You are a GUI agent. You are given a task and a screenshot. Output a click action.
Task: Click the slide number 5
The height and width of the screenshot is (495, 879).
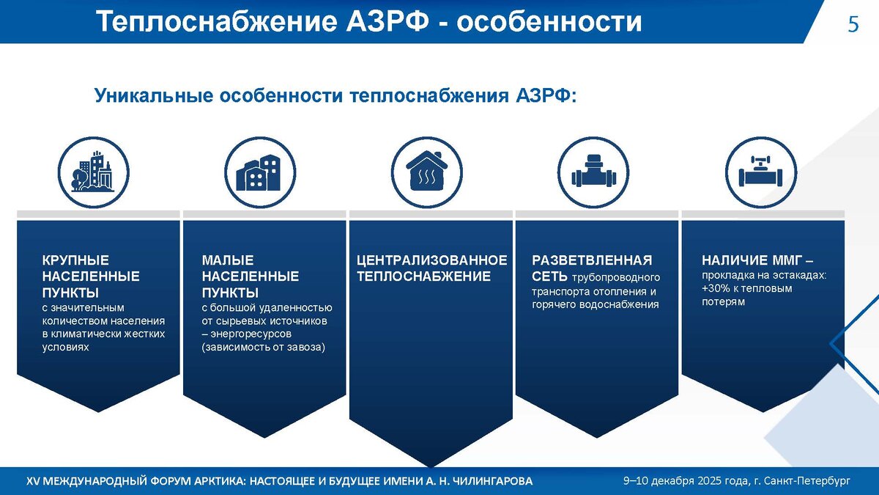(853, 24)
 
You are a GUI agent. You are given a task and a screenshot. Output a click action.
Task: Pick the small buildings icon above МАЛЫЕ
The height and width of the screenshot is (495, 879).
(260, 172)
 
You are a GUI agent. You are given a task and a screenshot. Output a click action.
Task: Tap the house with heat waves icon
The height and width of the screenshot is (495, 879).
(427, 172)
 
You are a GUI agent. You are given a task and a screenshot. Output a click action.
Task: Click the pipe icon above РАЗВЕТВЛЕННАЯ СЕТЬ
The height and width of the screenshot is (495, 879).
(593, 172)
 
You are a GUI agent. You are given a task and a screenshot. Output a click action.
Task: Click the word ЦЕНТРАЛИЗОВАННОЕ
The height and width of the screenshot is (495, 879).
(431, 260)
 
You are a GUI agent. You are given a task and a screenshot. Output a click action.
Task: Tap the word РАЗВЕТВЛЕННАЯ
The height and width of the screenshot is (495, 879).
(592, 260)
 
